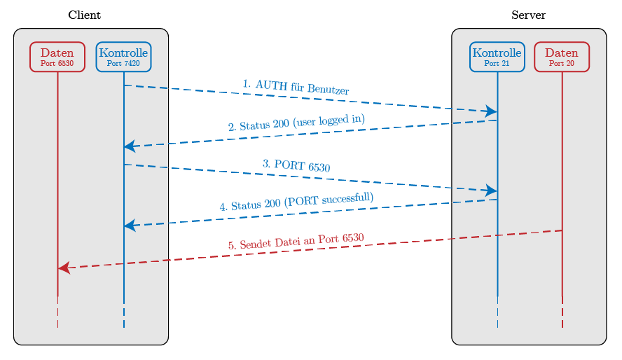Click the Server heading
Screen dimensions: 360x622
(529, 15)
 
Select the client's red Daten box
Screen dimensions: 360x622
(57, 56)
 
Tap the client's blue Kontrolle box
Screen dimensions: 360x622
(123, 56)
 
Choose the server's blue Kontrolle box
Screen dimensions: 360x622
(497, 56)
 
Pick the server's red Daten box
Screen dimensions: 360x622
(562, 56)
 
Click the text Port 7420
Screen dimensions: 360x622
(123, 63)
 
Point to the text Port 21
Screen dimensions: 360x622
(497, 63)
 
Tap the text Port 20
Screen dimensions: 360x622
(562, 63)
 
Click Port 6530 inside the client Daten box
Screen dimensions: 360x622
(57, 63)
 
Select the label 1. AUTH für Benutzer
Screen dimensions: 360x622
(296, 87)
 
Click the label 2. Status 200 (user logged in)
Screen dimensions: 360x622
(296, 123)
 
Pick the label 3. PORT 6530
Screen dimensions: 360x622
(296, 166)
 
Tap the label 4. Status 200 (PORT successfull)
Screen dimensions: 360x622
(296, 202)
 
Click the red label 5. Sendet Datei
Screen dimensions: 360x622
(296, 242)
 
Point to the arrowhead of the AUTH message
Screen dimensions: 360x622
(491, 111)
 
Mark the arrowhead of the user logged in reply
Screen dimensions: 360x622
(130, 146)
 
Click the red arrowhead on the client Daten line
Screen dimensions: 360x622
(64, 268)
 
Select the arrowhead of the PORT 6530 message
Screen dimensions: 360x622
(491, 191)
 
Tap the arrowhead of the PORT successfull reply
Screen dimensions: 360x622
(130, 226)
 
